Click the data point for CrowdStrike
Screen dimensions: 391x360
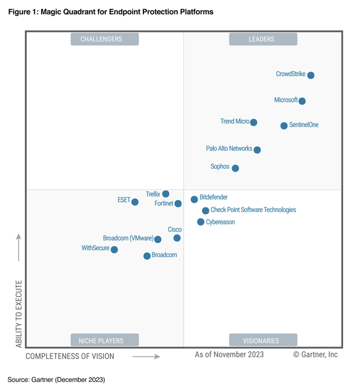click(x=310, y=75)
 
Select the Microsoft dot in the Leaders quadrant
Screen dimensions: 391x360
click(x=302, y=101)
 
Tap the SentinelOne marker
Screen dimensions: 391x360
click(x=284, y=125)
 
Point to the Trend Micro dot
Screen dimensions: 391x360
click(x=254, y=122)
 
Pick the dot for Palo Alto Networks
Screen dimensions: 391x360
click(x=257, y=150)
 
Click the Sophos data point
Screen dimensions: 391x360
click(x=235, y=168)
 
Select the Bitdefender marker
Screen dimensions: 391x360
click(x=194, y=199)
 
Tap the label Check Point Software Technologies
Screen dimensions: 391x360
click(x=253, y=210)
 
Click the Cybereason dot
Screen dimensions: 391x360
click(x=201, y=222)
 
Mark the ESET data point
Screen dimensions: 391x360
click(x=135, y=202)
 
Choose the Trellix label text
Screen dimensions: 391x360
click(x=153, y=194)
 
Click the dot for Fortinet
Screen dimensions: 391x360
click(x=178, y=204)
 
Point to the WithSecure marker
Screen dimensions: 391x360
click(x=114, y=249)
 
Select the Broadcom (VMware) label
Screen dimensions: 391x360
click(x=128, y=239)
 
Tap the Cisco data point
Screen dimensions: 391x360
click(x=177, y=238)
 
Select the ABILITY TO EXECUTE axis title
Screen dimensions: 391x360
click(x=19, y=313)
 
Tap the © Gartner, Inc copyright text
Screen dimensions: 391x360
click(x=316, y=355)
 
